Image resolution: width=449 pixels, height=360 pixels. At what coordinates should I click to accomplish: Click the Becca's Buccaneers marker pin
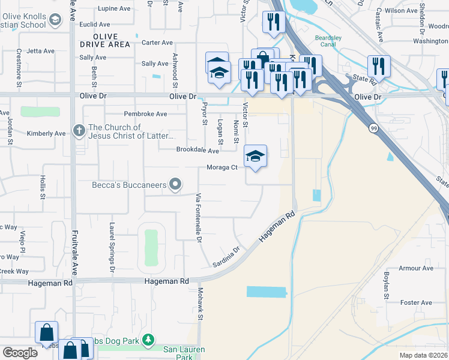(x=175, y=184)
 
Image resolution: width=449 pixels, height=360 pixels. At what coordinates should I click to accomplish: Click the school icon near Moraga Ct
(x=255, y=157)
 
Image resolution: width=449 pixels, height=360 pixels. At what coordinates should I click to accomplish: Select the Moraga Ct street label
(x=222, y=167)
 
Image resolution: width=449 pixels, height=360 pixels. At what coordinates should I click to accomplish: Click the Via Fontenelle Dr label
(x=197, y=217)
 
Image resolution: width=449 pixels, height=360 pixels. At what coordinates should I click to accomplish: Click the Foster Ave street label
(x=417, y=303)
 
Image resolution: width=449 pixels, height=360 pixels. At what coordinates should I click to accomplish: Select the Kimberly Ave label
(x=43, y=133)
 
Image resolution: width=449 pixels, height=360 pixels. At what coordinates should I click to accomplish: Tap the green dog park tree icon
(x=148, y=341)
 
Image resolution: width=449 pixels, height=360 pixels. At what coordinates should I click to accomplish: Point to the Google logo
(x=19, y=353)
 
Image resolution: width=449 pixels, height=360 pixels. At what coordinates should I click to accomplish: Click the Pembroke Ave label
(x=145, y=113)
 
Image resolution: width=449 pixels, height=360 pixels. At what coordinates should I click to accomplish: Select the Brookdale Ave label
(x=197, y=151)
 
